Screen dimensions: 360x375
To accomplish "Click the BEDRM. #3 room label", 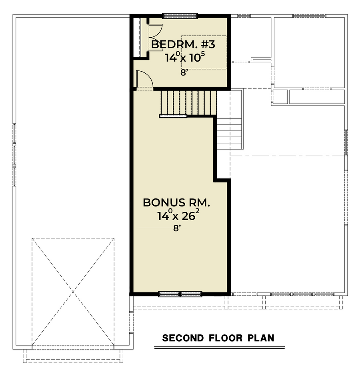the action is tap(183, 45).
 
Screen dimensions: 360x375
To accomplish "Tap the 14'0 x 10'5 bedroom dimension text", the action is tap(185, 57).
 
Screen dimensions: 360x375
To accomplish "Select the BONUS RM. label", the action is tap(176, 203).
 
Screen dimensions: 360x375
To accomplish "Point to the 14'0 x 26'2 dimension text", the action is tap(178, 215).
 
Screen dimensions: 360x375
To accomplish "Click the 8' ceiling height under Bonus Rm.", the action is tap(176, 229).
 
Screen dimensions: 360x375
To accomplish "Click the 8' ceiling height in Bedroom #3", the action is tap(183, 72).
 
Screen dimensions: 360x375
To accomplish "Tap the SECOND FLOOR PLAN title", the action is tap(218, 338).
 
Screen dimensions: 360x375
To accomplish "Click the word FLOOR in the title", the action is tap(226, 338).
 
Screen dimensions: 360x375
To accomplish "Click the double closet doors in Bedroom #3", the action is tap(155, 37).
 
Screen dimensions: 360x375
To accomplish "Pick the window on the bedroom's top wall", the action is tap(180, 16).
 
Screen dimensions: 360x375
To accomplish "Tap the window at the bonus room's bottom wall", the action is tap(180, 294).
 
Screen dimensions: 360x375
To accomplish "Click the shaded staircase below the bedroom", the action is tap(189, 102).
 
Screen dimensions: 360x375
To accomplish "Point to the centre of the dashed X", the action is tap(73, 291).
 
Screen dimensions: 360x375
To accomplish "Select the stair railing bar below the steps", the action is tap(173, 116).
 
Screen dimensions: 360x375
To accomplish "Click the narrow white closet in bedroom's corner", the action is tap(137, 37).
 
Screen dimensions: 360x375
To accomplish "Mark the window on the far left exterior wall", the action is tap(14, 155).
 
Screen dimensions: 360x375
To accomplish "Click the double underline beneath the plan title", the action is tap(220, 347).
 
